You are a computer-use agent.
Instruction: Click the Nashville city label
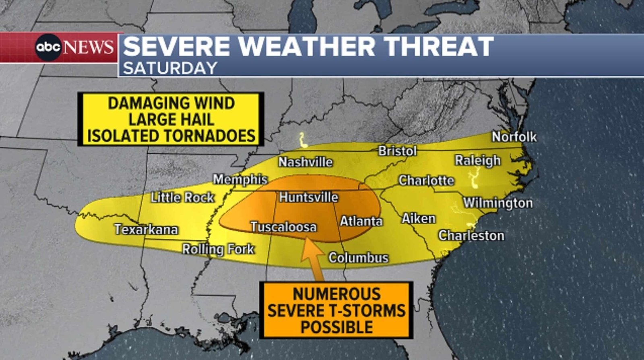(305, 162)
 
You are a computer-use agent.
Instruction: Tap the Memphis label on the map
(240, 179)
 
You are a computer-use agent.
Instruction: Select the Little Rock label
(182, 197)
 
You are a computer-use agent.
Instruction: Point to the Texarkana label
(146, 229)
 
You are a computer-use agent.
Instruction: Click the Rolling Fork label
(218, 249)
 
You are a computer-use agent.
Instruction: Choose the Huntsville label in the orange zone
(309, 197)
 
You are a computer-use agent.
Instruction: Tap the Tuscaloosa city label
(283, 227)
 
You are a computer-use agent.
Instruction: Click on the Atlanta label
(361, 221)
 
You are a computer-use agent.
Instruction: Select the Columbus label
(358, 258)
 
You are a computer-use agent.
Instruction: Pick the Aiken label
(419, 219)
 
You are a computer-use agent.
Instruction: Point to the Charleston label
(471, 236)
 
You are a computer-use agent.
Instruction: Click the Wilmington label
(498, 203)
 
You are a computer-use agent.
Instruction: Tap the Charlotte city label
(426, 180)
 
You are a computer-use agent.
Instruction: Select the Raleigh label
(478, 160)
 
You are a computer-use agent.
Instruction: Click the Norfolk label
(514, 137)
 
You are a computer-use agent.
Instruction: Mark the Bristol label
(397, 151)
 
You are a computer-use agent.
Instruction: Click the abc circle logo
(48, 48)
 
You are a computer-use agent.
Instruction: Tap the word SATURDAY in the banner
(170, 68)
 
